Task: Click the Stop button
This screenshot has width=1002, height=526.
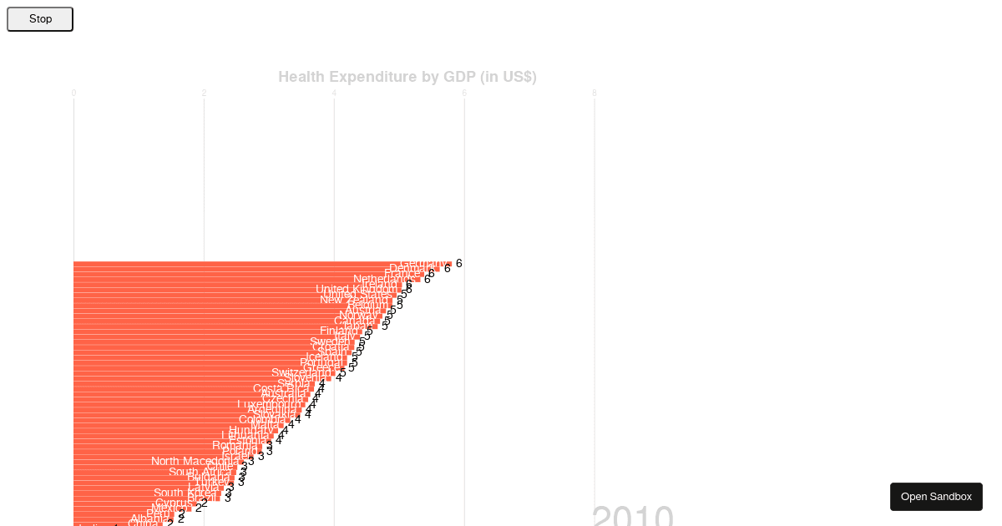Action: click(40, 19)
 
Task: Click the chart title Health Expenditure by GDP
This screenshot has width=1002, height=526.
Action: click(407, 77)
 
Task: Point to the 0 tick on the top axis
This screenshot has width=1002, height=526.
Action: click(73, 93)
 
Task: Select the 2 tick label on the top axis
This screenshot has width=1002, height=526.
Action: click(204, 93)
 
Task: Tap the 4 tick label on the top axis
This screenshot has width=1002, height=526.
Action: click(334, 93)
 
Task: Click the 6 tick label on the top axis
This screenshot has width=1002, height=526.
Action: click(464, 93)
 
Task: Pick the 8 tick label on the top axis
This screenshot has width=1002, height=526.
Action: click(595, 93)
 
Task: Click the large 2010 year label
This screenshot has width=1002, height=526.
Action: click(632, 516)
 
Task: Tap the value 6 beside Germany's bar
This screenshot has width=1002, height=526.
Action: click(458, 263)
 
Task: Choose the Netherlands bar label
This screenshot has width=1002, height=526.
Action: click(383, 279)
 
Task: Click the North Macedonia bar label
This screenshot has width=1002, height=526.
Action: click(195, 461)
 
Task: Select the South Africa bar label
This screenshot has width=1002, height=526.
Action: click(200, 472)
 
